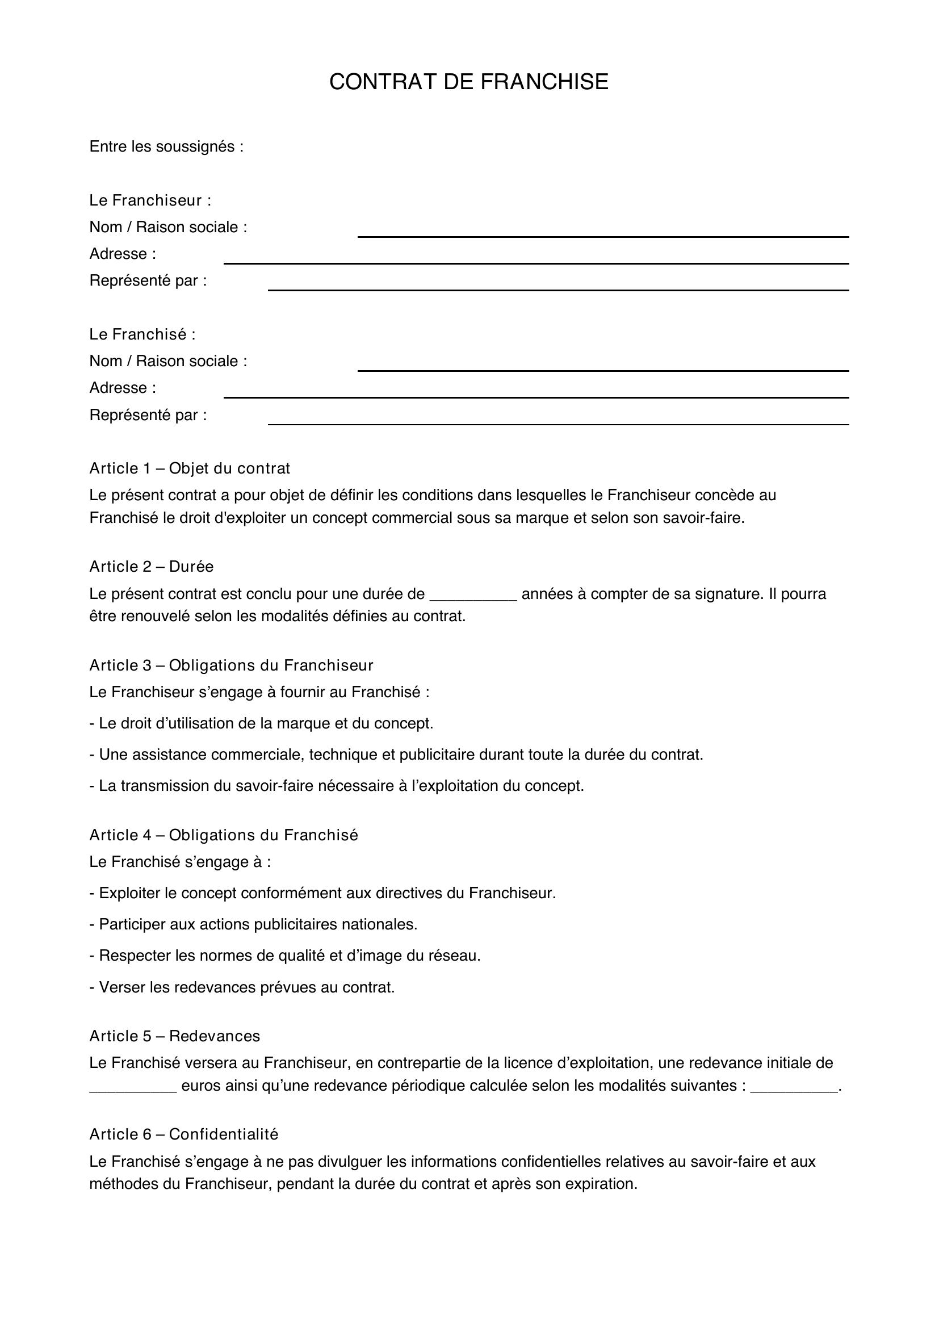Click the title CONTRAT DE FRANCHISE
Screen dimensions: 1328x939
468,82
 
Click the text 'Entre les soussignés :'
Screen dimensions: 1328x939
166,147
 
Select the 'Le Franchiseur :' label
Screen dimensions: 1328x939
150,200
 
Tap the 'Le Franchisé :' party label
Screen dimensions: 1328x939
142,334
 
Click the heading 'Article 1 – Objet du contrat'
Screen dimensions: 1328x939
190,468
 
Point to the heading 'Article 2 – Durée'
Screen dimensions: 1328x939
152,567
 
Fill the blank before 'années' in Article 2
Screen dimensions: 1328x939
473,597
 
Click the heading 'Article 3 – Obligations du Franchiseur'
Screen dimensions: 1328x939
231,666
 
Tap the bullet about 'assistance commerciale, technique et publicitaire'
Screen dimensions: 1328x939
396,755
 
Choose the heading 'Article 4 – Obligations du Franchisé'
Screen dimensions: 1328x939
224,835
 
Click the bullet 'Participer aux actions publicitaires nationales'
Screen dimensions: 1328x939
253,924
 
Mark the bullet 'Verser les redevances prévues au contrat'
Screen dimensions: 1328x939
242,987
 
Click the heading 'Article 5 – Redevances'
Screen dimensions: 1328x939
175,1036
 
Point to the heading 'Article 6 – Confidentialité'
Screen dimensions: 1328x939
184,1135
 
